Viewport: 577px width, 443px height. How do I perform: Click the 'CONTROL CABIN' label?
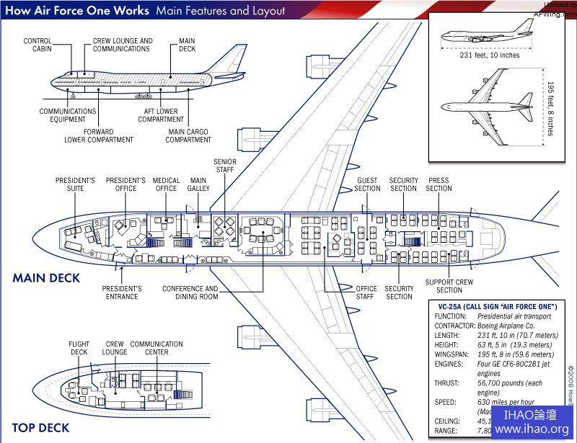click(38, 45)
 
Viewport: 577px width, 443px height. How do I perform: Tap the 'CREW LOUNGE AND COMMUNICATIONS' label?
click(123, 45)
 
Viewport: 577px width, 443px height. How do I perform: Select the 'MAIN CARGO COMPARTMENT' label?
click(188, 135)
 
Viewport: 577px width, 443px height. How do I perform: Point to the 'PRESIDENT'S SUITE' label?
click(76, 184)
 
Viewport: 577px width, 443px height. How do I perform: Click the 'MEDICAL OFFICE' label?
click(166, 184)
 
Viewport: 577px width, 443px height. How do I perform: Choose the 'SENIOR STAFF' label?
click(225, 166)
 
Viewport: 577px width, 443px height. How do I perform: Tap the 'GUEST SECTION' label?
click(367, 184)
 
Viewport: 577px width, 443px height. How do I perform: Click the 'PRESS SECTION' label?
click(438, 184)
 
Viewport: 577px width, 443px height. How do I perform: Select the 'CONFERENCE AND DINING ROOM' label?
click(190, 292)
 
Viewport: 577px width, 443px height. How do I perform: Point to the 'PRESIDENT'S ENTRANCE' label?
click(122, 292)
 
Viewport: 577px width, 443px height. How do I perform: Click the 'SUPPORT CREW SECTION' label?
click(449, 286)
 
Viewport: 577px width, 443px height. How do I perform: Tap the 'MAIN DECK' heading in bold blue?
click(45, 278)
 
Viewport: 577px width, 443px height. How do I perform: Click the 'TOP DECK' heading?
click(40, 428)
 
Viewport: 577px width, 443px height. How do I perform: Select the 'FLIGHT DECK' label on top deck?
click(79, 348)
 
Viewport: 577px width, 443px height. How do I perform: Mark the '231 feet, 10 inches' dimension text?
click(490, 55)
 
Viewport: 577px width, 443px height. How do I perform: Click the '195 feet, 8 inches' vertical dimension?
click(550, 107)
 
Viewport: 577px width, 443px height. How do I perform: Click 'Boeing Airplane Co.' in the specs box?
click(513, 326)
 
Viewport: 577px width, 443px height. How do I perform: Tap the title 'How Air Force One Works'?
click(77, 11)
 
